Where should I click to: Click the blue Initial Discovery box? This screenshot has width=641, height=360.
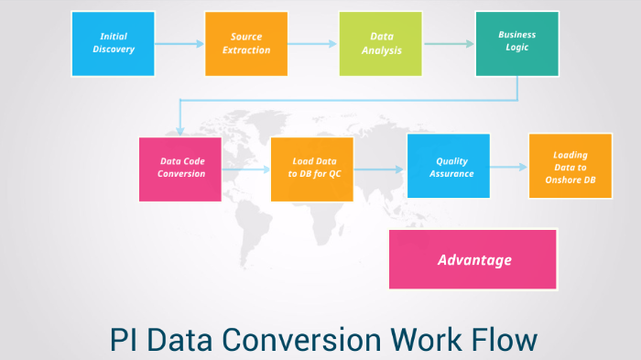113,43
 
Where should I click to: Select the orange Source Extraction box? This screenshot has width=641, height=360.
246,43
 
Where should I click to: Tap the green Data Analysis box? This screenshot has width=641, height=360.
381,43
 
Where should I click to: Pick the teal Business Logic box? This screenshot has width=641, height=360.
516,43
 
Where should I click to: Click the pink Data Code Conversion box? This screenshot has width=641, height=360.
181,169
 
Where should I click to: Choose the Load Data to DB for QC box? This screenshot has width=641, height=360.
312,169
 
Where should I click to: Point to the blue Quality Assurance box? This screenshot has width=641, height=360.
448,166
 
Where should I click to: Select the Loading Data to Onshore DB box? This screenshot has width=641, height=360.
570,166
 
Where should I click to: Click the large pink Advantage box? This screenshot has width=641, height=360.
473,259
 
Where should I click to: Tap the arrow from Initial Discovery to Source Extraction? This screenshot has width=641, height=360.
179,44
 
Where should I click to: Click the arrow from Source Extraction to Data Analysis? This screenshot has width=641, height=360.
313,44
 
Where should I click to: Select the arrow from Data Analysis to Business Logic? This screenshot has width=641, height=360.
449,44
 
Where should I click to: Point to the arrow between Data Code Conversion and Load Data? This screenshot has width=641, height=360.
245,170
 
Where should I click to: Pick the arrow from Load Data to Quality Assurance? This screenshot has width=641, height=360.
379,169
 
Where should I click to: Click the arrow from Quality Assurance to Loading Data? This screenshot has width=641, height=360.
508,167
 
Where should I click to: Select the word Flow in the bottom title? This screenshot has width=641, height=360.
503,341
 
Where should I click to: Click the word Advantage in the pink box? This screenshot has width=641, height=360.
474,260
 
